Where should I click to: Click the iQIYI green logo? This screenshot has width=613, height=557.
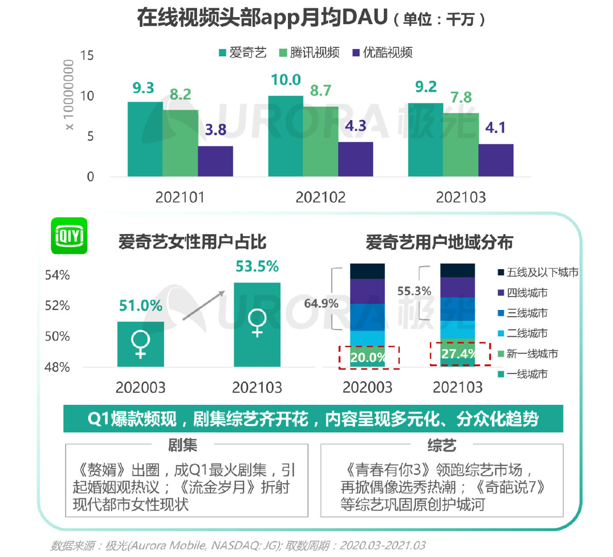pyautogui.click(x=69, y=236)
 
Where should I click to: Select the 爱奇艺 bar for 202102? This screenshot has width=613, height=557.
pyautogui.click(x=285, y=137)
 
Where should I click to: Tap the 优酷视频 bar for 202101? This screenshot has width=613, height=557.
pyautogui.click(x=215, y=161)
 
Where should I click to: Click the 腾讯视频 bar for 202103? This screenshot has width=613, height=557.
pyautogui.click(x=461, y=145)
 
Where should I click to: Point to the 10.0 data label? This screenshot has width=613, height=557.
pyautogui.click(x=286, y=80)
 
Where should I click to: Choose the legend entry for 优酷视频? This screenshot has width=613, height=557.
pyautogui.click(x=382, y=53)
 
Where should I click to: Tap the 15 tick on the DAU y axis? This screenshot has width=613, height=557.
pyautogui.click(x=87, y=56)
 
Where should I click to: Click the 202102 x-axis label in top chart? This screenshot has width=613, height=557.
pyautogui.click(x=320, y=198)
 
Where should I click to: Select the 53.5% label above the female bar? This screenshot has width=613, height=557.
pyautogui.click(x=257, y=267)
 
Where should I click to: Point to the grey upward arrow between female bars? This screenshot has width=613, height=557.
pyautogui.click(x=203, y=305)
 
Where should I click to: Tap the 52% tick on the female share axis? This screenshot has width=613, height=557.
pyautogui.click(x=57, y=306)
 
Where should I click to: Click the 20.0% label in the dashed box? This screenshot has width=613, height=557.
pyautogui.click(x=367, y=357)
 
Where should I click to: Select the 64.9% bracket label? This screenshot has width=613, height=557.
pyautogui.click(x=321, y=303)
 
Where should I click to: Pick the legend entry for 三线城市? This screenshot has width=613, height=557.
pyautogui.click(x=522, y=313)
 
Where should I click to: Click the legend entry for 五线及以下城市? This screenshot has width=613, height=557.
pyautogui.click(x=537, y=272)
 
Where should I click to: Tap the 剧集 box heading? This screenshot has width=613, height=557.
pyautogui.click(x=183, y=445)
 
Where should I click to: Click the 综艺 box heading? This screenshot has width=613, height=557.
pyautogui.click(x=442, y=445)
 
